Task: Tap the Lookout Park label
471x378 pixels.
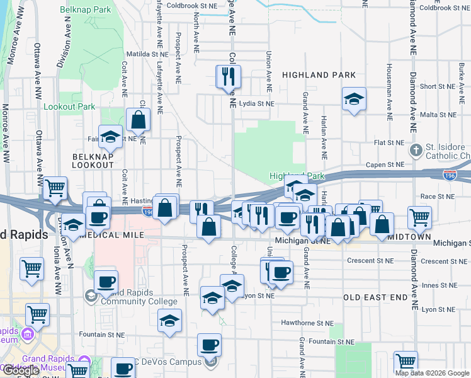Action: [x=69, y=106]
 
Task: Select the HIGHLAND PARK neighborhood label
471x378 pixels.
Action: [x=319, y=75]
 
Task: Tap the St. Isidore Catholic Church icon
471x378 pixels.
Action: [x=416, y=151]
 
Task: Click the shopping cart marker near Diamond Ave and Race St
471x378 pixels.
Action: [x=419, y=217]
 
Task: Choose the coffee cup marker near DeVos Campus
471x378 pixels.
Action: [x=209, y=344]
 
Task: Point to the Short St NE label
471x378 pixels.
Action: [x=437, y=87]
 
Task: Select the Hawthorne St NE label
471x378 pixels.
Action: [x=307, y=323]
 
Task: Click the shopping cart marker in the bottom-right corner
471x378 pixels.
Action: [x=406, y=362]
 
